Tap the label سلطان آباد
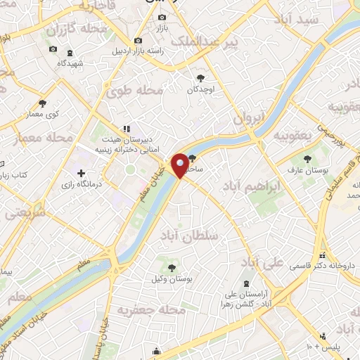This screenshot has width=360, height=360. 189,235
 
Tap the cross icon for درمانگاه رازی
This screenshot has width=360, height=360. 81,172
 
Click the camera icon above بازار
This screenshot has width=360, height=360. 163,17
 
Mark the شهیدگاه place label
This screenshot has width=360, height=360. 70,63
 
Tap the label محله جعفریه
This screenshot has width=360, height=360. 151,309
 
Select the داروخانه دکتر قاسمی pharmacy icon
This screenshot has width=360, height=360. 323,255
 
